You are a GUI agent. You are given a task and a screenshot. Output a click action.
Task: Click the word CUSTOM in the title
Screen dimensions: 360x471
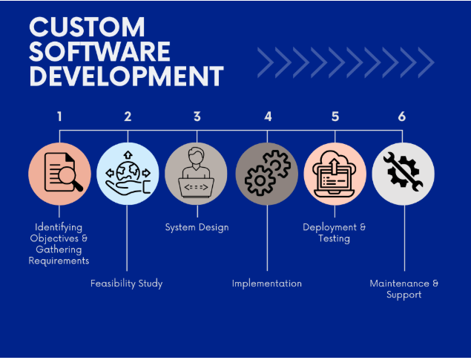(x=88, y=27)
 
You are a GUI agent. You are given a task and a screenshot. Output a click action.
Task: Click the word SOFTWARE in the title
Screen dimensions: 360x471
(x=100, y=52)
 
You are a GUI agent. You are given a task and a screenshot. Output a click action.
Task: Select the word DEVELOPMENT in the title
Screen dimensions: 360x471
(x=126, y=76)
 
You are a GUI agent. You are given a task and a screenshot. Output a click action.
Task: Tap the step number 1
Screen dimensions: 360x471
(x=59, y=117)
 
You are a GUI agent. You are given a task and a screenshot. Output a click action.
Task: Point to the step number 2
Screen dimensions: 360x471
(x=128, y=117)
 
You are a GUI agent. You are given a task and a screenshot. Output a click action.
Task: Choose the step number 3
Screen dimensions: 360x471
(x=197, y=117)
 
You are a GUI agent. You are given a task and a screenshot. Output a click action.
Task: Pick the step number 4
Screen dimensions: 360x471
(x=268, y=117)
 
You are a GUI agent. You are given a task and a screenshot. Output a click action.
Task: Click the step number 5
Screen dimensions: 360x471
(x=335, y=117)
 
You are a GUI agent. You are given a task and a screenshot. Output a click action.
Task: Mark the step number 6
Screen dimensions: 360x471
(x=402, y=117)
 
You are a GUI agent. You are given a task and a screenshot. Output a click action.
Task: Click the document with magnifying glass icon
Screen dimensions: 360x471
(x=59, y=174)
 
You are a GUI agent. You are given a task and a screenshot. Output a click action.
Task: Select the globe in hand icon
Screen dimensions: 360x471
(x=128, y=174)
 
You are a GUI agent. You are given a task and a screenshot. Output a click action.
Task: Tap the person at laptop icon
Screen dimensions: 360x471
(x=197, y=174)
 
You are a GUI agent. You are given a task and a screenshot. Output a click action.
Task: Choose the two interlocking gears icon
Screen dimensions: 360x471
(x=267, y=174)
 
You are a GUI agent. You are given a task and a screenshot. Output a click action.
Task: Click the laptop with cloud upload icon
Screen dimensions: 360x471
(x=335, y=174)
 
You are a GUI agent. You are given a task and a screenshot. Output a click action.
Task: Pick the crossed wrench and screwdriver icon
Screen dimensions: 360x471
(x=403, y=174)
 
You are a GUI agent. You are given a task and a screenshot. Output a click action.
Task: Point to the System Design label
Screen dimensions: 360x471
(x=197, y=227)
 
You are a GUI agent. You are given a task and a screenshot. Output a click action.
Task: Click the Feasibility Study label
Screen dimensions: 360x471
(x=126, y=283)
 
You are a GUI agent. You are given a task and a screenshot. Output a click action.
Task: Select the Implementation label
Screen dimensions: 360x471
(x=267, y=283)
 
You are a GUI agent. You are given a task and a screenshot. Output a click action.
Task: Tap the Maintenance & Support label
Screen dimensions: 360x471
(x=404, y=289)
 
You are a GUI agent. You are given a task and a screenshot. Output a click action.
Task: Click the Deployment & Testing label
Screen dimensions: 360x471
(x=335, y=232)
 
